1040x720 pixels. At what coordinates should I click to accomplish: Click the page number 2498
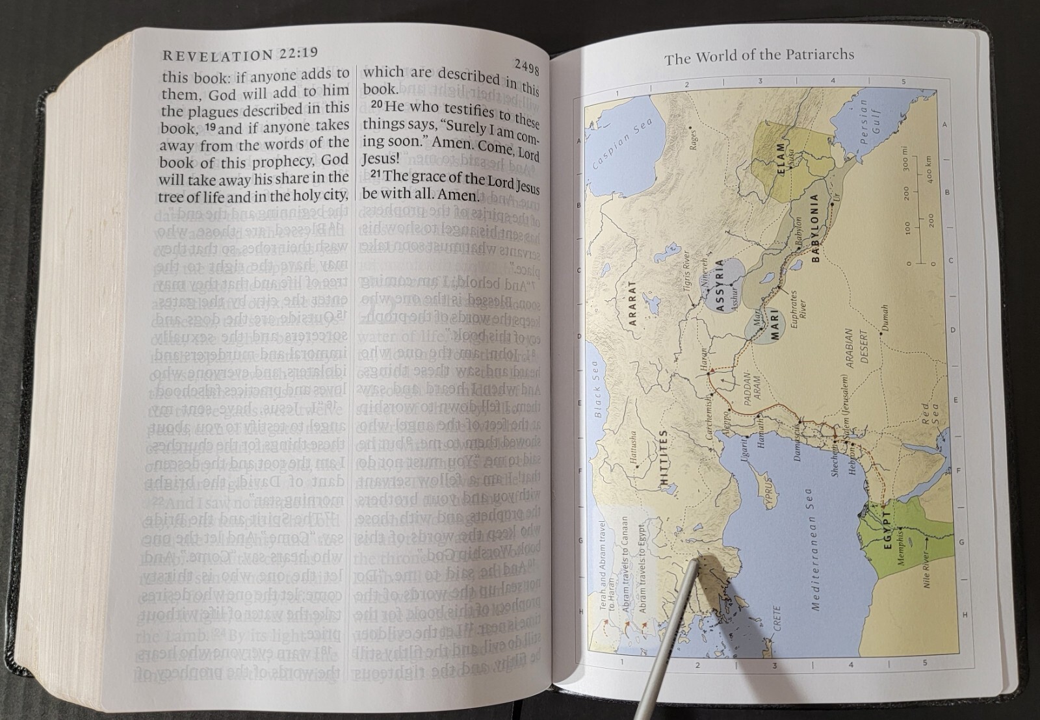tap(526, 64)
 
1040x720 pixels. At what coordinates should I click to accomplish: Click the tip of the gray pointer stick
tap(696, 558)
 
